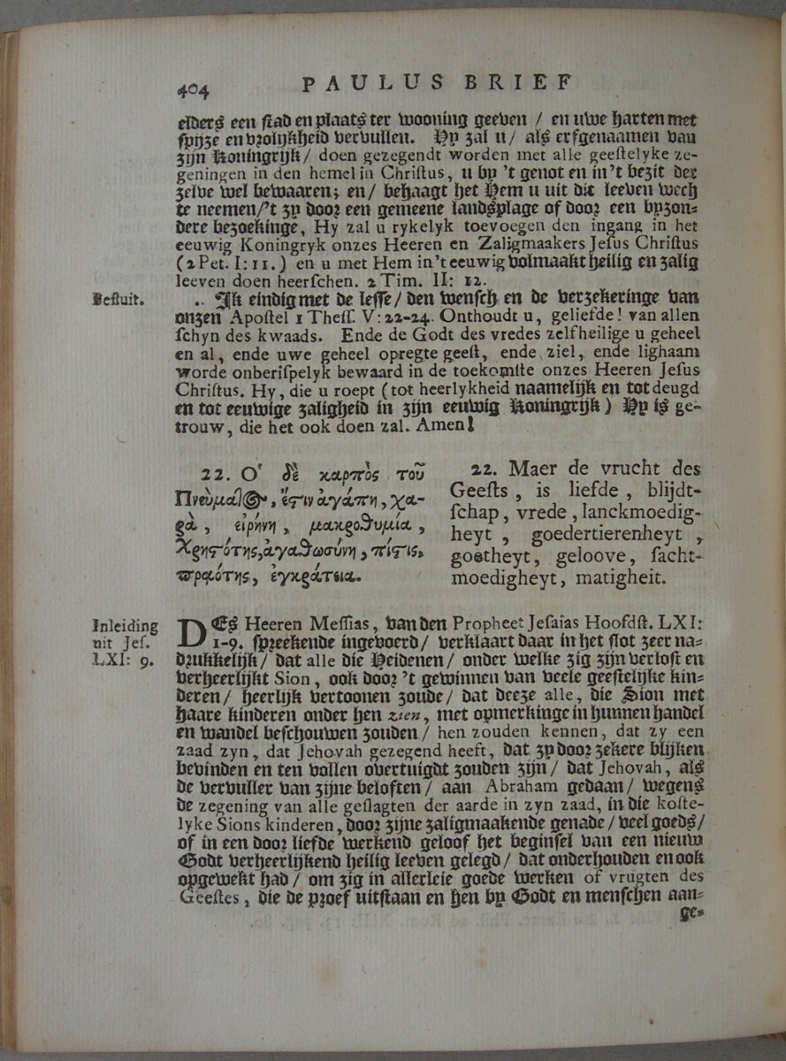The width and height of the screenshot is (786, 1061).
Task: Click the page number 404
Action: coord(192,88)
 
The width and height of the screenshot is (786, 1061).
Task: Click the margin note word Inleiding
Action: coord(125,626)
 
